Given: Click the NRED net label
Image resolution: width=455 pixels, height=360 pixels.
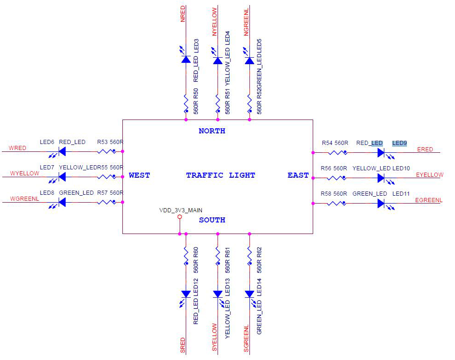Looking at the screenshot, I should click(x=183, y=14).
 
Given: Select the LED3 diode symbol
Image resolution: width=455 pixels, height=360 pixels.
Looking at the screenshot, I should click(x=186, y=59).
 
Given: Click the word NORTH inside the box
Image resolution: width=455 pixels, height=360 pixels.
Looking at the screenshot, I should click(x=212, y=131).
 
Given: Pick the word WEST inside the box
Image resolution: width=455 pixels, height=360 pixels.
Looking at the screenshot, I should click(x=139, y=175).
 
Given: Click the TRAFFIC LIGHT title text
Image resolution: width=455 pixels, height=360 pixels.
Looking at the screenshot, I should click(x=220, y=175).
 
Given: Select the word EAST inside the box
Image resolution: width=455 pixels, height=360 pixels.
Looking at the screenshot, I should click(x=298, y=175).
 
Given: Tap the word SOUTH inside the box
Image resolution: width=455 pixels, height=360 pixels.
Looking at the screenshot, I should click(x=212, y=220).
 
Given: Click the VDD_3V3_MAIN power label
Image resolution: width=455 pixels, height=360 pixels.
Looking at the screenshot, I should click(x=181, y=210).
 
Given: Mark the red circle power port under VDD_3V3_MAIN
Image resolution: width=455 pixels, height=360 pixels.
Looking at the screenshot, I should click(x=180, y=216).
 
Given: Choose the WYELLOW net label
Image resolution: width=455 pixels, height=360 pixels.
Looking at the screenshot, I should click(x=24, y=173).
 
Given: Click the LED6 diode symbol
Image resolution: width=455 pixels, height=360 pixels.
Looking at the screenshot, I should click(x=62, y=151).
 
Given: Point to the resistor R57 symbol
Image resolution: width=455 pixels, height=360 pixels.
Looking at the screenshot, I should click(x=107, y=202).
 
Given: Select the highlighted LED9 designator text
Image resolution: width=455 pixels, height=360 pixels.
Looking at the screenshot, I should click(x=400, y=143).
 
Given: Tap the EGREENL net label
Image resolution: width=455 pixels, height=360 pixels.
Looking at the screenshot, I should click(x=429, y=200).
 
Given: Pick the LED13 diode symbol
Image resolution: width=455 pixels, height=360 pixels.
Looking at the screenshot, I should click(x=218, y=294).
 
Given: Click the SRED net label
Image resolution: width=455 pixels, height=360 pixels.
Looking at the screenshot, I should click(x=183, y=345).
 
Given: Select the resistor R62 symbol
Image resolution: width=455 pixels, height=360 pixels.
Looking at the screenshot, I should click(x=249, y=254).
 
